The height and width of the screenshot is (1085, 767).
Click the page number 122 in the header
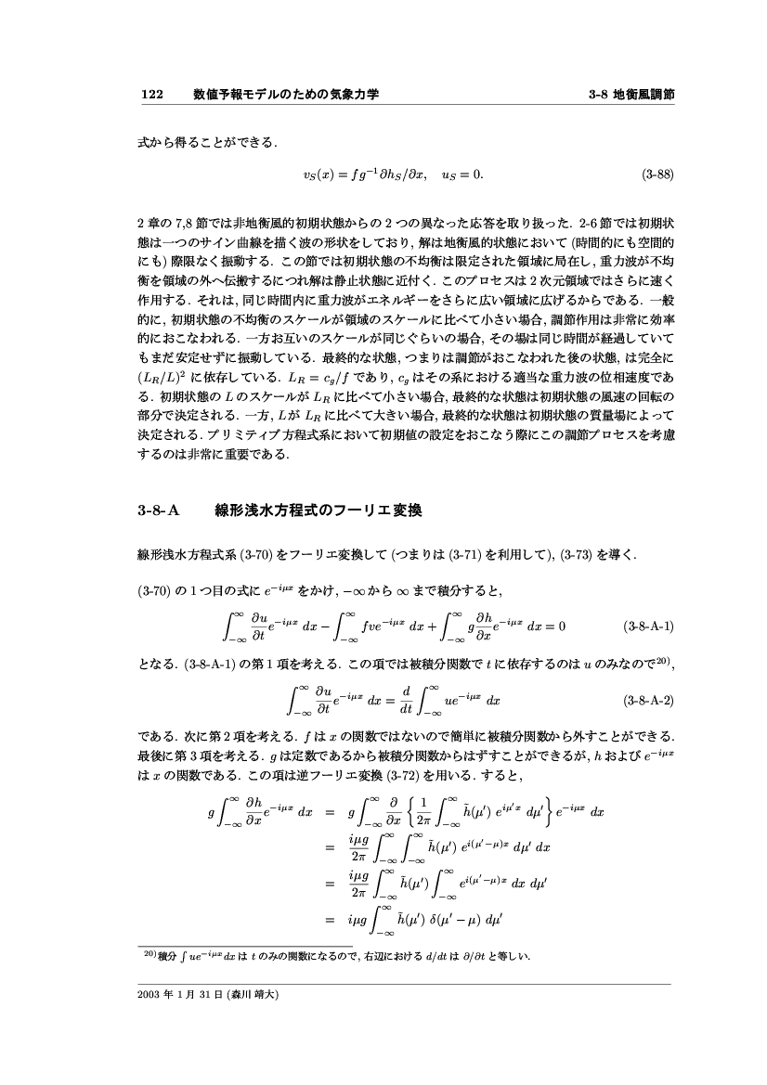(x=150, y=95)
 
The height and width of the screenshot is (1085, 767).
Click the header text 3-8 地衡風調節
(x=630, y=95)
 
